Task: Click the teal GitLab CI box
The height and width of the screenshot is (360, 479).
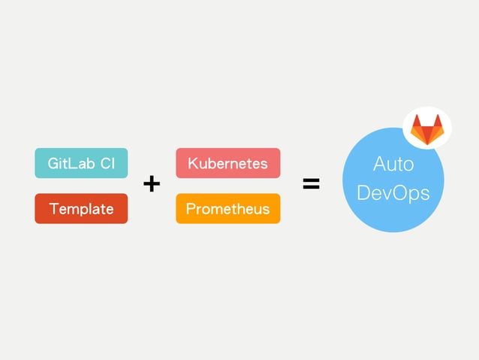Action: tap(81, 163)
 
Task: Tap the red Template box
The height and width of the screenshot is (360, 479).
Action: tap(81, 208)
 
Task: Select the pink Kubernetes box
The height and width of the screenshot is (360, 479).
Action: tap(227, 163)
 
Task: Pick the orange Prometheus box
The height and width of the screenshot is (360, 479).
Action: tap(227, 208)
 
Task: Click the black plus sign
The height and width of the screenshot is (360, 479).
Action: tap(152, 183)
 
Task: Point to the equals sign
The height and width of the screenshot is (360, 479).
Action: tap(311, 183)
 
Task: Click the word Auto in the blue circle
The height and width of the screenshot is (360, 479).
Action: tap(393, 164)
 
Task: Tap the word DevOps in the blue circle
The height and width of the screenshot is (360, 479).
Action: tap(393, 192)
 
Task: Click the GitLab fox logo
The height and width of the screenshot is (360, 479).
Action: tap(427, 129)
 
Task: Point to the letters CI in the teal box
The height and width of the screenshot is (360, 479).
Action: tap(107, 163)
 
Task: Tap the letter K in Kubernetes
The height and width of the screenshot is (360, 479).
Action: tap(192, 163)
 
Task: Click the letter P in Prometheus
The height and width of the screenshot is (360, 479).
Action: tap(191, 208)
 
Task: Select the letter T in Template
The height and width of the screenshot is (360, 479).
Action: tap(53, 208)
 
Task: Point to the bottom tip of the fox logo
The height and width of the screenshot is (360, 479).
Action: tap(427, 144)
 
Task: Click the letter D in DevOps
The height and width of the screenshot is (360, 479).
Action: tap(364, 192)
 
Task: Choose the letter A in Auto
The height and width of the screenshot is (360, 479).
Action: tap(379, 164)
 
